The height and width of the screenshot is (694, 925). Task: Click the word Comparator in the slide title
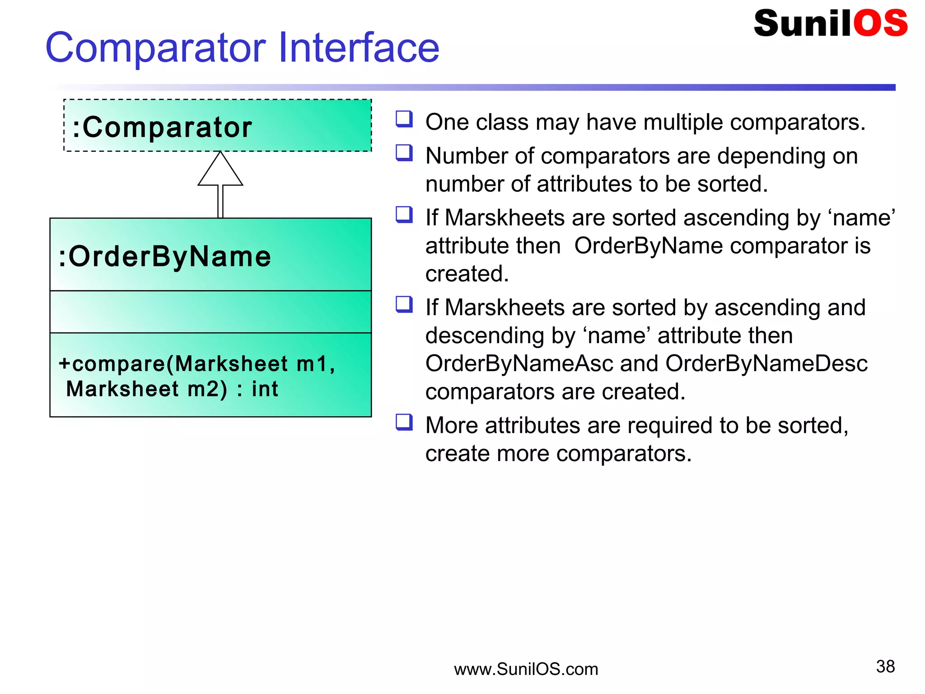[155, 48]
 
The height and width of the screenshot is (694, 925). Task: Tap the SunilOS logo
[830, 24]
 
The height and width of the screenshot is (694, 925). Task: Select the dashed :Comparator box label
[162, 127]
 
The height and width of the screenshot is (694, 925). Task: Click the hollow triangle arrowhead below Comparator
[220, 171]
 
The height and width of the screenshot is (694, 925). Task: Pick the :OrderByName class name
[165, 256]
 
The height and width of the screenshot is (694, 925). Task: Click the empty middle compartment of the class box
[210, 312]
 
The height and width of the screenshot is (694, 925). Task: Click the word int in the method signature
[265, 389]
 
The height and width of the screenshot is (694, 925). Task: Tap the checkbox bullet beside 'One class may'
[404, 119]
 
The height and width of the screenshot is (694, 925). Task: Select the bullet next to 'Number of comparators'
[404, 153]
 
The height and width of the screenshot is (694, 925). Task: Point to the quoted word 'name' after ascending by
[863, 218]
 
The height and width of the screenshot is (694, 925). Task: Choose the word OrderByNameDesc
[766, 364]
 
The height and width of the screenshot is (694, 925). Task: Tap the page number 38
[885, 666]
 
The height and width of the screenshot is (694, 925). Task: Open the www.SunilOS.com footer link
[526, 669]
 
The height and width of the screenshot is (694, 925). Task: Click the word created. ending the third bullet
[467, 274]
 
